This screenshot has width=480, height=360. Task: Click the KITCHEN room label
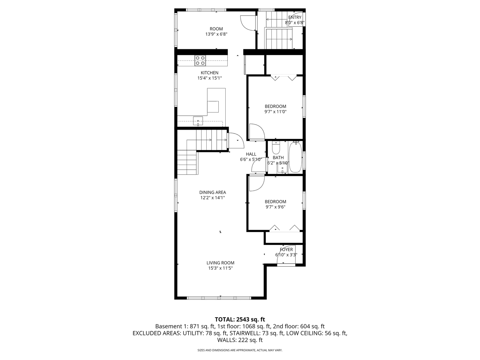pyautogui.click(x=209, y=73)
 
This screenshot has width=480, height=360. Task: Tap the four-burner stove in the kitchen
pyautogui.click(x=200, y=60)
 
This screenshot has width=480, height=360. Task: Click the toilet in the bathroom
pyautogui.click(x=276, y=147)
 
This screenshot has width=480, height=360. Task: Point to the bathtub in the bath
pyautogui.click(x=295, y=157)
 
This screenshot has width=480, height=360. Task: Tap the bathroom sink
pyautogui.click(x=282, y=169)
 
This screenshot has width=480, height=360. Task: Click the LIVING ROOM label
pyautogui.click(x=220, y=263)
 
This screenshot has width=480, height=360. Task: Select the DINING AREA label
pyautogui.click(x=212, y=192)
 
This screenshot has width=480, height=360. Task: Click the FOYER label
pyautogui.click(x=286, y=249)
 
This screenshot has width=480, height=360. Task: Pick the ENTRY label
pyautogui.click(x=295, y=17)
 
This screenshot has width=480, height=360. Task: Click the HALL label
pyautogui.click(x=251, y=154)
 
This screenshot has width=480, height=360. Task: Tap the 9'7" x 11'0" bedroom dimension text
pyautogui.click(x=275, y=112)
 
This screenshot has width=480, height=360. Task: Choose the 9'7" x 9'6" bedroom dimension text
pyautogui.click(x=275, y=207)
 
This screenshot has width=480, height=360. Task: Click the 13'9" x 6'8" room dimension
pyautogui.click(x=216, y=34)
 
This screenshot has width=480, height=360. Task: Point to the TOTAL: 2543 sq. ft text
pyautogui.click(x=240, y=319)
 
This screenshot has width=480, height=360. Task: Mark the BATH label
pyautogui.click(x=278, y=158)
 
